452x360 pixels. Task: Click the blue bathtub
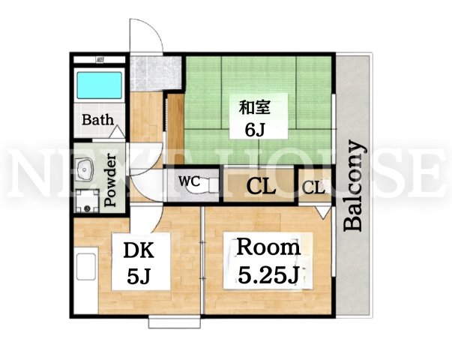(100, 85)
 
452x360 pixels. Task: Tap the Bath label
(97, 120)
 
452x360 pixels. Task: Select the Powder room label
(110, 181)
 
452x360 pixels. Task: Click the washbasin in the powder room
(85, 169)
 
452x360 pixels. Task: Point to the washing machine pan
(87, 201)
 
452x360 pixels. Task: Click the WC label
(189, 181)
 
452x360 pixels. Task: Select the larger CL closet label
(260, 187)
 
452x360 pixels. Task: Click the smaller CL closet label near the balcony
(313, 187)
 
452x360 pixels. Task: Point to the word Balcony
(353, 186)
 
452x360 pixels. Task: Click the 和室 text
(255, 107)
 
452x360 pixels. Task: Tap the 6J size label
(255, 130)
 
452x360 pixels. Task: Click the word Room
(268, 247)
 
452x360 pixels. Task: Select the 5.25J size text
(268, 275)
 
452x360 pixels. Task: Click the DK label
(139, 250)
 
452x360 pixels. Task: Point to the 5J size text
(139, 276)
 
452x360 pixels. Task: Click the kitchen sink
(86, 266)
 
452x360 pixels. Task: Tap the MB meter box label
(100, 60)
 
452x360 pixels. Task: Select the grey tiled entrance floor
(156, 73)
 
